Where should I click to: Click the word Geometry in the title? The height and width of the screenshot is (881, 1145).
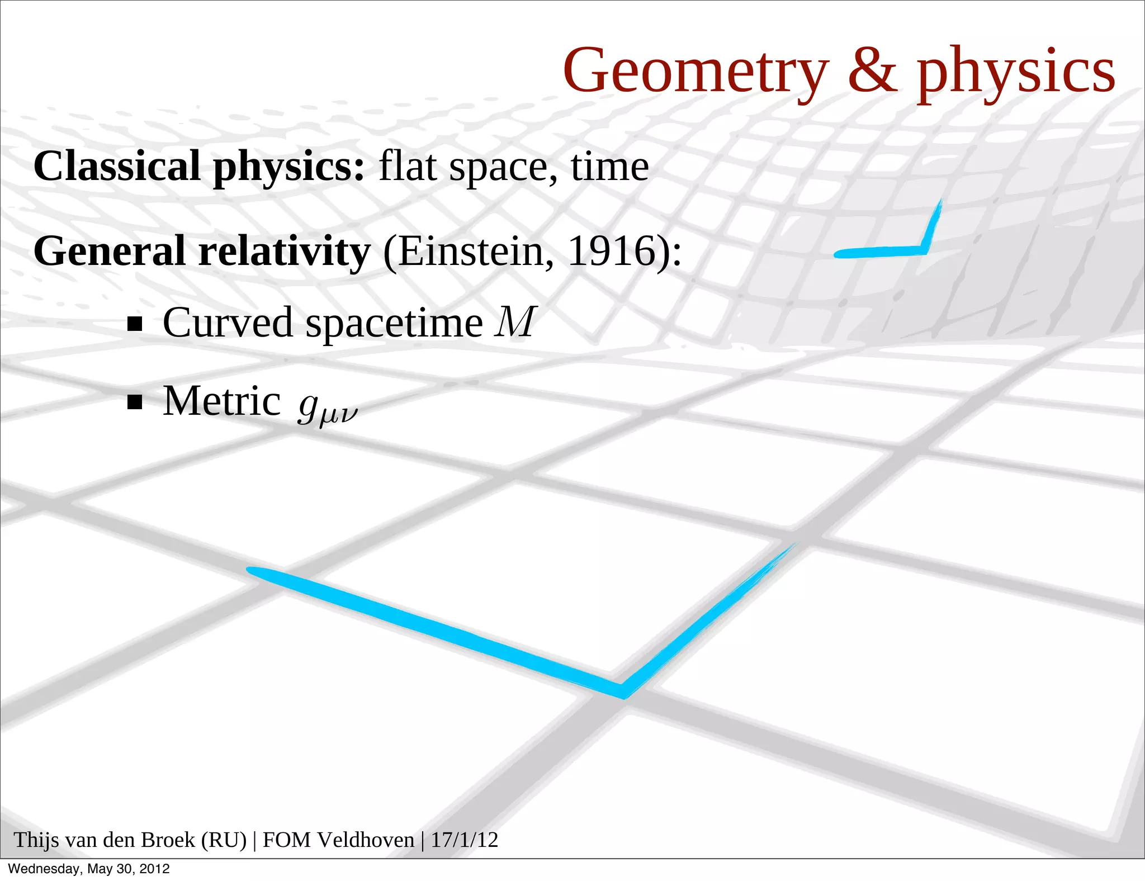point(695,72)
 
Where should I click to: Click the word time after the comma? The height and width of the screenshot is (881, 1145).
point(609,166)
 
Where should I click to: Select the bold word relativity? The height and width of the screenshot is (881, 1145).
point(284,251)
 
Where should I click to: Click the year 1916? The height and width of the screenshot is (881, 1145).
point(612,251)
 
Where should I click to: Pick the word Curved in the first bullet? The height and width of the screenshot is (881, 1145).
point(228,323)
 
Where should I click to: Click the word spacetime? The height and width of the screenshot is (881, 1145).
point(394,324)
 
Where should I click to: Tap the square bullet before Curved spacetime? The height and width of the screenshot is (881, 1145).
point(135,324)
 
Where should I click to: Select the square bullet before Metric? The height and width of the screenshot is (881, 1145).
point(135,402)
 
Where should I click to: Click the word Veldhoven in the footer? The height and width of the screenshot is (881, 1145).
point(367,840)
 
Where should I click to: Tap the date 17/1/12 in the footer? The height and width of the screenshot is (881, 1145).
point(464,840)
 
